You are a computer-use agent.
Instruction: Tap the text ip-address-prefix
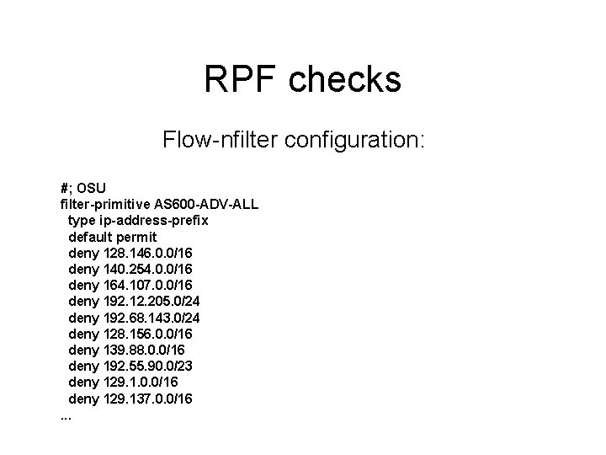tap(156, 220)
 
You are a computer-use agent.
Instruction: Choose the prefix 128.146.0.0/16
tap(146, 252)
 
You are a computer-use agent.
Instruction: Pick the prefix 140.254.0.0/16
tap(146, 269)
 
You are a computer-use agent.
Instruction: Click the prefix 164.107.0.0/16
tap(146, 285)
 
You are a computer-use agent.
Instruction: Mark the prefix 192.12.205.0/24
tap(151, 301)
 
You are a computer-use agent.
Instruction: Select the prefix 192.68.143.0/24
tap(151, 317)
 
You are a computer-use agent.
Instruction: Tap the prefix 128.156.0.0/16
tap(146, 333)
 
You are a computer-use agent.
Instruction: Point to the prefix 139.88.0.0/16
tap(143, 349)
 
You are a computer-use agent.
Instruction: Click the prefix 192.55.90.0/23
tap(146, 365)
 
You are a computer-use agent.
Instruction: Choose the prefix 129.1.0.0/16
tap(140, 381)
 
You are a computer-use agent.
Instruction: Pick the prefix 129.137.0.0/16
tap(146, 397)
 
